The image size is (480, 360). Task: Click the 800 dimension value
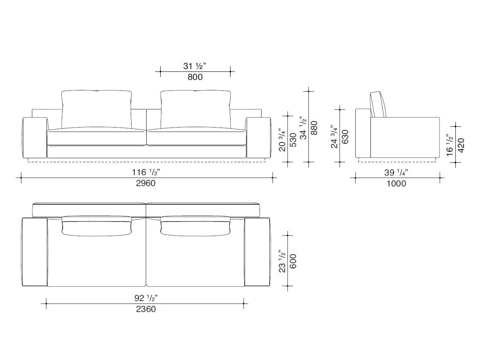(195, 77)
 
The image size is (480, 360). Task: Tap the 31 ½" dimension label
(195, 66)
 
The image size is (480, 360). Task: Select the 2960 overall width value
(146, 183)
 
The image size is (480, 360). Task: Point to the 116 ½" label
(146, 172)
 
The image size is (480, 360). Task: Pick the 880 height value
(314, 128)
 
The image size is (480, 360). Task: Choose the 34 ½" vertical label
(304, 128)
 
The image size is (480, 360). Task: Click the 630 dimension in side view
(345, 138)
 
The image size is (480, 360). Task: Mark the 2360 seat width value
(145, 309)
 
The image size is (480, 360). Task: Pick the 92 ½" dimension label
(146, 298)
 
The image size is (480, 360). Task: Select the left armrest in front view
(35, 137)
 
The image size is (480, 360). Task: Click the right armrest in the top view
(257, 252)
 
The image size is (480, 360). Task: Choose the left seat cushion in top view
(96, 258)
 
